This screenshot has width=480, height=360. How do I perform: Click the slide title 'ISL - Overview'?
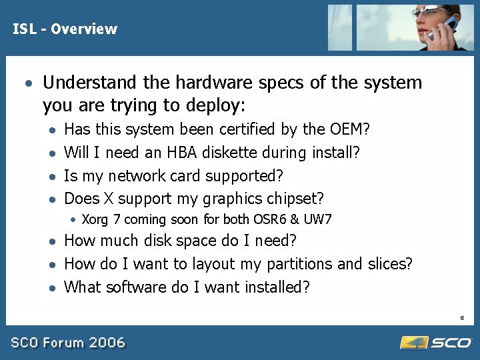(65, 29)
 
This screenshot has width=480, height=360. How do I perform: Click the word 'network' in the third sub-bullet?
(137, 176)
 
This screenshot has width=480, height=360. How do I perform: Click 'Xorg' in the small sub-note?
(96, 219)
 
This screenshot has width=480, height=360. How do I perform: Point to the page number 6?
(462, 319)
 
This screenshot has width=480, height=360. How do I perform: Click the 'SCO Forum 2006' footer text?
(67, 343)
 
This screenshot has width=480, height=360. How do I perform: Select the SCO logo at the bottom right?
(436, 342)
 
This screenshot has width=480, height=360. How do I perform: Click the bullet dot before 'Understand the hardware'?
(27, 83)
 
